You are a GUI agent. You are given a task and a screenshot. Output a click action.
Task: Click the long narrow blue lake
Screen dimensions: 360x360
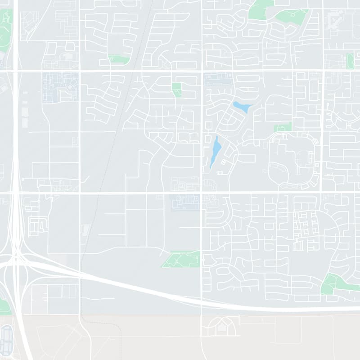coord(216,152)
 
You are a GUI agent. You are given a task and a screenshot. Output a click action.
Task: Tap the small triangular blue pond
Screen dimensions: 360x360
coord(242,108)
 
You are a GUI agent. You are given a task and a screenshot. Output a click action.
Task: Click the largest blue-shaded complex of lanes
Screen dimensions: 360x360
coord(60,87)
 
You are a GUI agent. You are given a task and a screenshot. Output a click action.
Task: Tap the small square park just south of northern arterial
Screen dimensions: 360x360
coord(176,89)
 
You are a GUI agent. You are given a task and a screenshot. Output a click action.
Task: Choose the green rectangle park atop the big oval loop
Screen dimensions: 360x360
coord(283,127)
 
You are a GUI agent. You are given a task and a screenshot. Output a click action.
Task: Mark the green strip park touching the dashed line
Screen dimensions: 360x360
coord(119,59)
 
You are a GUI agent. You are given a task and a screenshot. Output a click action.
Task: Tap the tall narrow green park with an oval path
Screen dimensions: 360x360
coord(350,61)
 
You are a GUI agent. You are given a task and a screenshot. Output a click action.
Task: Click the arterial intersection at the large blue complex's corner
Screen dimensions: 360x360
coord(79,71)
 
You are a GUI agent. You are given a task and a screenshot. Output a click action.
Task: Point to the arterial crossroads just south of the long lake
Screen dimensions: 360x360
coord(201,193)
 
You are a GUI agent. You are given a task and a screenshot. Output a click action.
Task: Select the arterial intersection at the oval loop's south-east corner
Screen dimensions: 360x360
coord(323,193)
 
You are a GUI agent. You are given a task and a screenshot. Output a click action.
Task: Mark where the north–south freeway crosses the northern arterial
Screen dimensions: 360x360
coord(16,71)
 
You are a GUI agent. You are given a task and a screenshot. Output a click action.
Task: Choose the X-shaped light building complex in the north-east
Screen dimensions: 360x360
coord(333,19)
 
